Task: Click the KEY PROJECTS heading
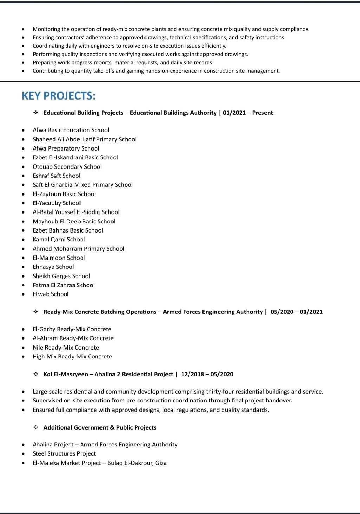click(58, 96)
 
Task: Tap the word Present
click(263, 113)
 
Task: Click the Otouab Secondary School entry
click(67, 167)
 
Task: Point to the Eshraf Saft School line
click(57, 176)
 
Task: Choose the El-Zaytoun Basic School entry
click(64, 194)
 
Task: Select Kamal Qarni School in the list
click(59, 240)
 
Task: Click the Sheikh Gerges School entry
click(61, 276)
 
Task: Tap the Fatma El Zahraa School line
click(64, 285)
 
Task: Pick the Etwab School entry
click(51, 294)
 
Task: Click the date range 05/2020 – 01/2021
click(296, 312)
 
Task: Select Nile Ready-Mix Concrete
click(66, 348)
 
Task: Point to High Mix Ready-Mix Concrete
click(72, 357)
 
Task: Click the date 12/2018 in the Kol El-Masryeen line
click(192, 374)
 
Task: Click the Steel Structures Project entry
click(64, 454)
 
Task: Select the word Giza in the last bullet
click(161, 463)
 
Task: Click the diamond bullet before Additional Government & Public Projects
click(36, 427)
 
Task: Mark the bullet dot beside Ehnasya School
click(24, 267)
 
